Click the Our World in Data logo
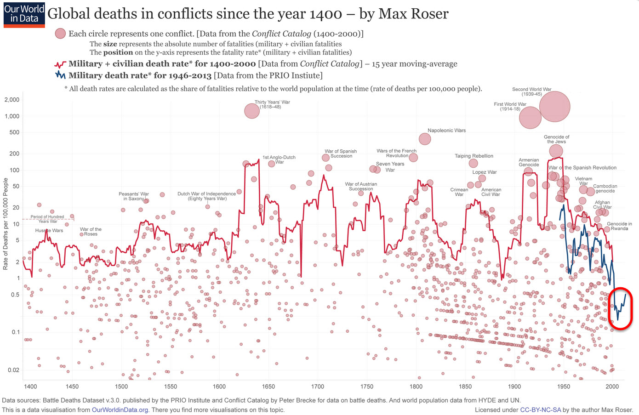point(24,14)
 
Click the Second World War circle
point(555,107)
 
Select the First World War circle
point(530,118)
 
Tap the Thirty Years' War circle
point(251,111)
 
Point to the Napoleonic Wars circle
point(425,139)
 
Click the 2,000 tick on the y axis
point(12,100)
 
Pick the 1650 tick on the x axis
point(268,387)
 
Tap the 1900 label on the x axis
point(514,387)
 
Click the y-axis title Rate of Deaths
point(6,223)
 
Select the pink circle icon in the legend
point(60,34)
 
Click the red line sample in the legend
point(60,64)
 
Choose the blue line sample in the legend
point(60,75)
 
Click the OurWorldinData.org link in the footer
point(120,409)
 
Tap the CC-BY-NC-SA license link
point(540,409)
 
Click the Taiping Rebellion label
point(474,156)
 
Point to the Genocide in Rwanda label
point(619,226)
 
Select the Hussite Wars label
point(49,231)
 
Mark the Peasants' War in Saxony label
point(134,196)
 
